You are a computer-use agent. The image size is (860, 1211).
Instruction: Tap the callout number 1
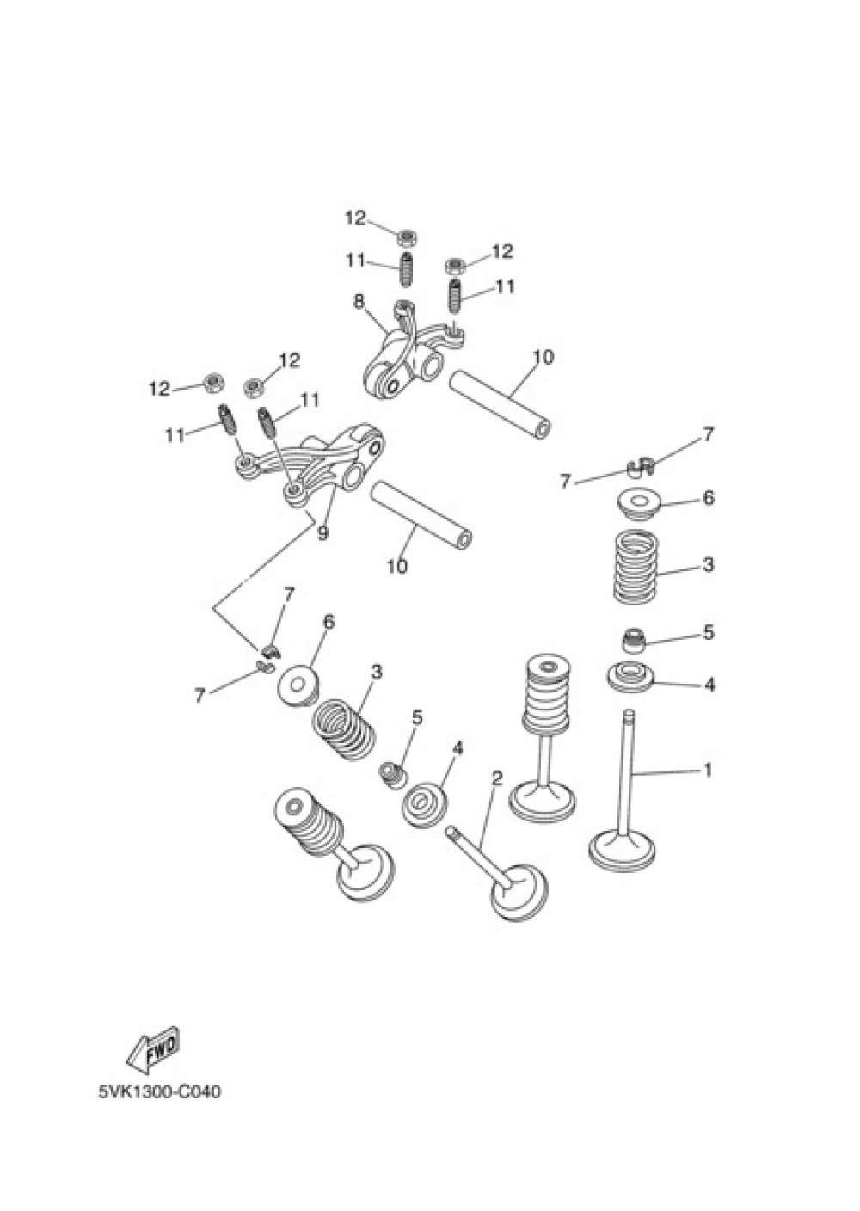[x=707, y=771]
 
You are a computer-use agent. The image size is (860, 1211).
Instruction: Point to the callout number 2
[x=496, y=778]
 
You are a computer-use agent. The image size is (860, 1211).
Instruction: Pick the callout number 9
[x=322, y=533]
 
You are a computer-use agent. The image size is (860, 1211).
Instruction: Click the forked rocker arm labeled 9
[x=310, y=464]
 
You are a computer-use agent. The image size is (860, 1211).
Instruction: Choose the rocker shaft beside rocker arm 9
[x=421, y=516]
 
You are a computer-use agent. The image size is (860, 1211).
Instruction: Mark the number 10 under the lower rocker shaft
[x=396, y=566]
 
